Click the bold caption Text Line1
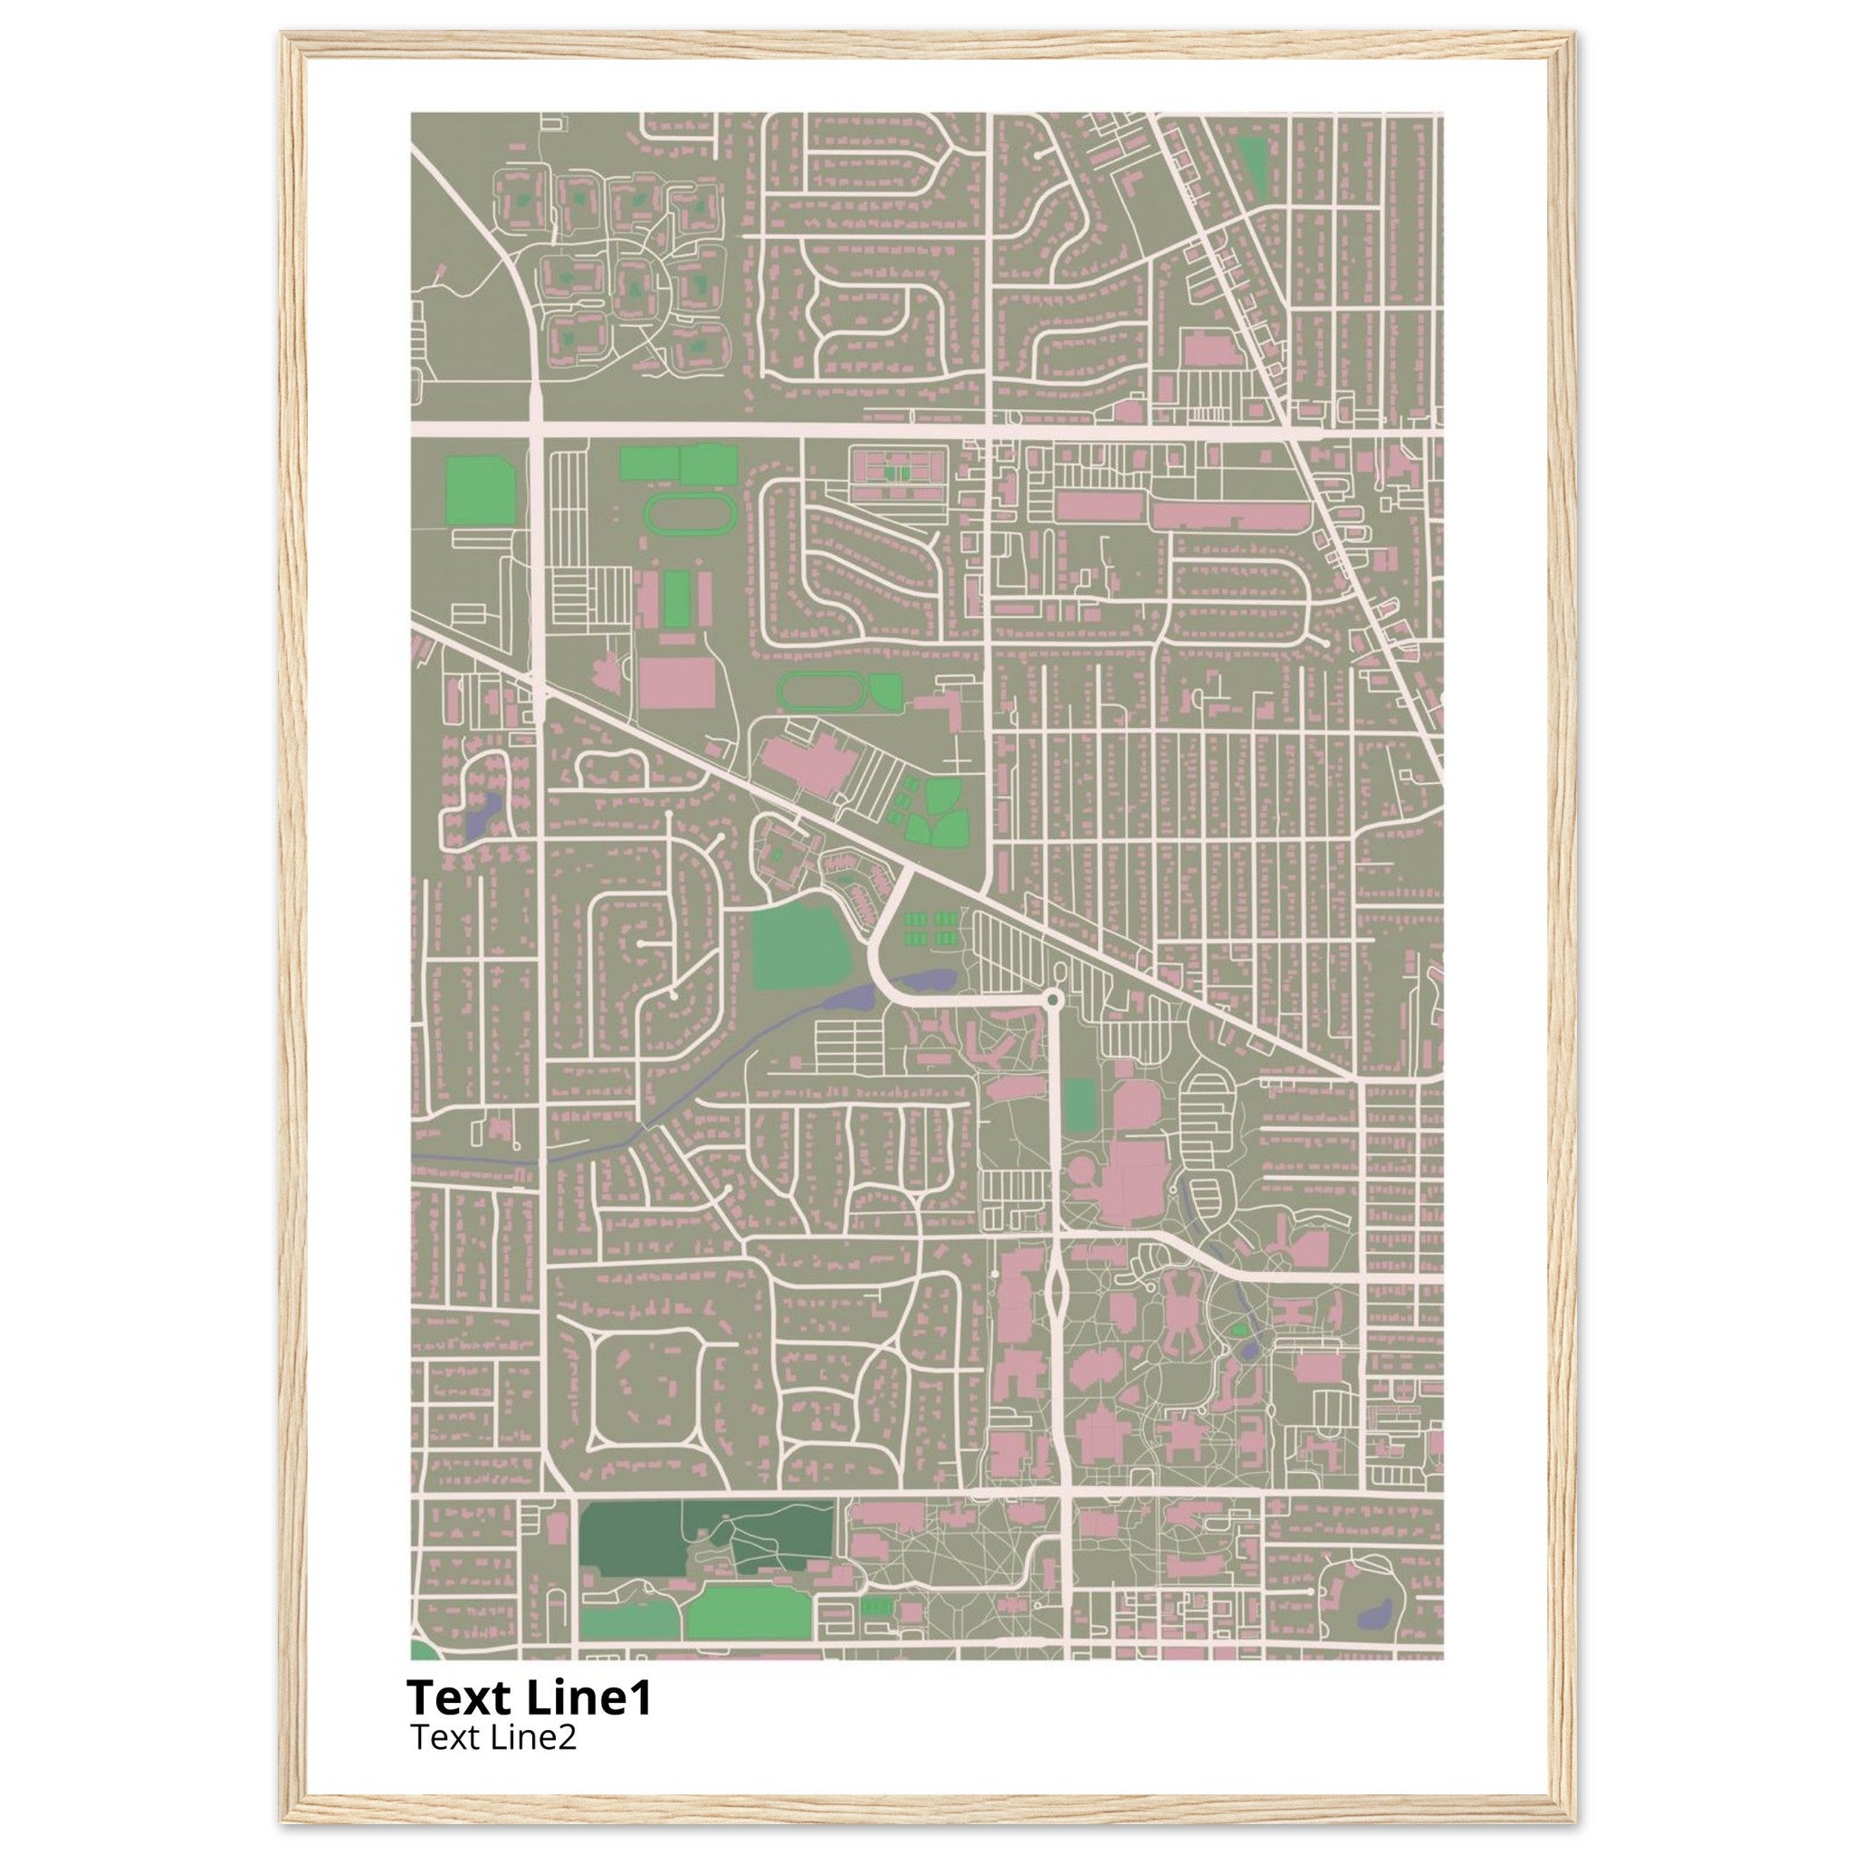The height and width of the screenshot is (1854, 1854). pos(529,1697)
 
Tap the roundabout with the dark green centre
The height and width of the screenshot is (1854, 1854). pos(1053,1000)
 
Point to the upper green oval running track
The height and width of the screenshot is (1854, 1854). pos(690,512)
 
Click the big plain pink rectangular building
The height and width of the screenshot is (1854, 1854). pos(676,683)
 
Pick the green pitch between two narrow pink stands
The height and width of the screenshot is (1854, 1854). pos(677,600)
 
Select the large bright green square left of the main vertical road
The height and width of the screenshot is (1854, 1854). pos(480,492)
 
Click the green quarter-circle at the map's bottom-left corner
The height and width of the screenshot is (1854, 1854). pos(421,1650)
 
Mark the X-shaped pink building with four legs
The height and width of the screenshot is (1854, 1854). pos(1183,1322)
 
